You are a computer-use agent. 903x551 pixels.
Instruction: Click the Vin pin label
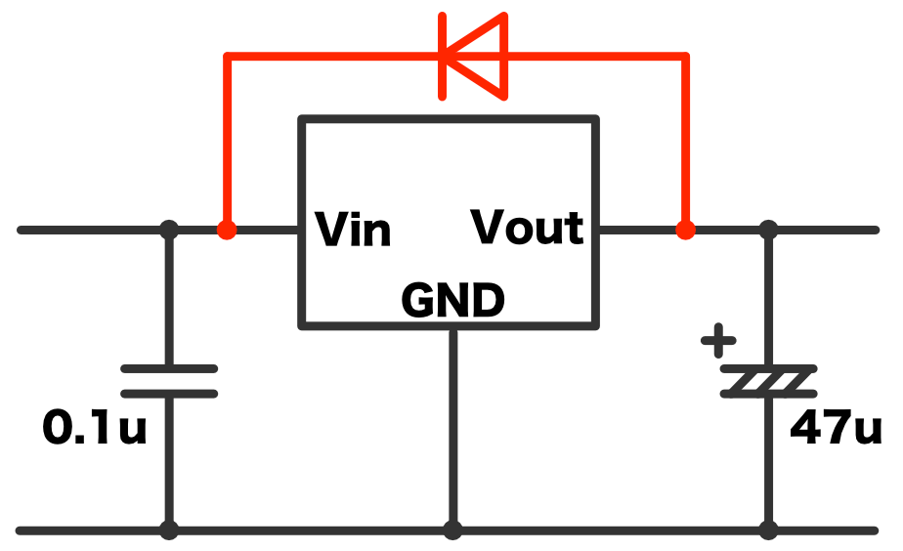[353, 230]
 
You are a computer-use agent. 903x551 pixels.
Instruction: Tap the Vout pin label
[528, 228]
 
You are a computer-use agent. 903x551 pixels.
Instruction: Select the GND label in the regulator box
[452, 302]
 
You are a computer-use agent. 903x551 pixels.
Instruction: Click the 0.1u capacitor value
[95, 428]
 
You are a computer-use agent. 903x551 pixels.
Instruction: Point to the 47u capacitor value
[837, 427]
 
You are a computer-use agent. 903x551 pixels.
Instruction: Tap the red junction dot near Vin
[227, 231]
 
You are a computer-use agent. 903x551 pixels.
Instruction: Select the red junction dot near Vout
[686, 231]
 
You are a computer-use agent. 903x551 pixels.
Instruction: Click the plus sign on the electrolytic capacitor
[718, 343]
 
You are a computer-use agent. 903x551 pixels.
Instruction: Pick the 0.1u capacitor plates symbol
[169, 381]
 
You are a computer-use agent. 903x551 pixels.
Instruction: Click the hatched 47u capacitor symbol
[768, 382]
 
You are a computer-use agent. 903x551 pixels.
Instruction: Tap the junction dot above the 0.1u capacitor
[169, 231]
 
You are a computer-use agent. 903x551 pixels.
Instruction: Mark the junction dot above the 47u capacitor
[768, 231]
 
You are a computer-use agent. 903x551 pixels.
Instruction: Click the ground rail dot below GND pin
[452, 530]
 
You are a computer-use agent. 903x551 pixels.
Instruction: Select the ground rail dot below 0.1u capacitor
[169, 530]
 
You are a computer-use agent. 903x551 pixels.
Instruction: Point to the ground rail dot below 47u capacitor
[768, 530]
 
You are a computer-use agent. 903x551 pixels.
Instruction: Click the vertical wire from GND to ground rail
[452, 430]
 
